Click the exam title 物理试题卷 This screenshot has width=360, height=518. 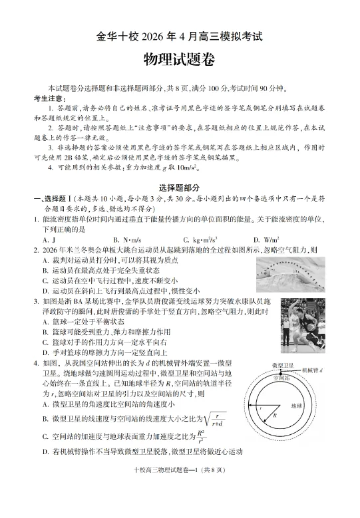pyautogui.click(x=180, y=59)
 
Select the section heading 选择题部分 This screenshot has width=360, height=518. pyautogui.click(x=180, y=188)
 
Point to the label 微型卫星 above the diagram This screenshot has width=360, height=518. pyautogui.click(x=283, y=366)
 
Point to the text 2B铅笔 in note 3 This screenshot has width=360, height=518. pyautogui.click(x=78, y=158)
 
